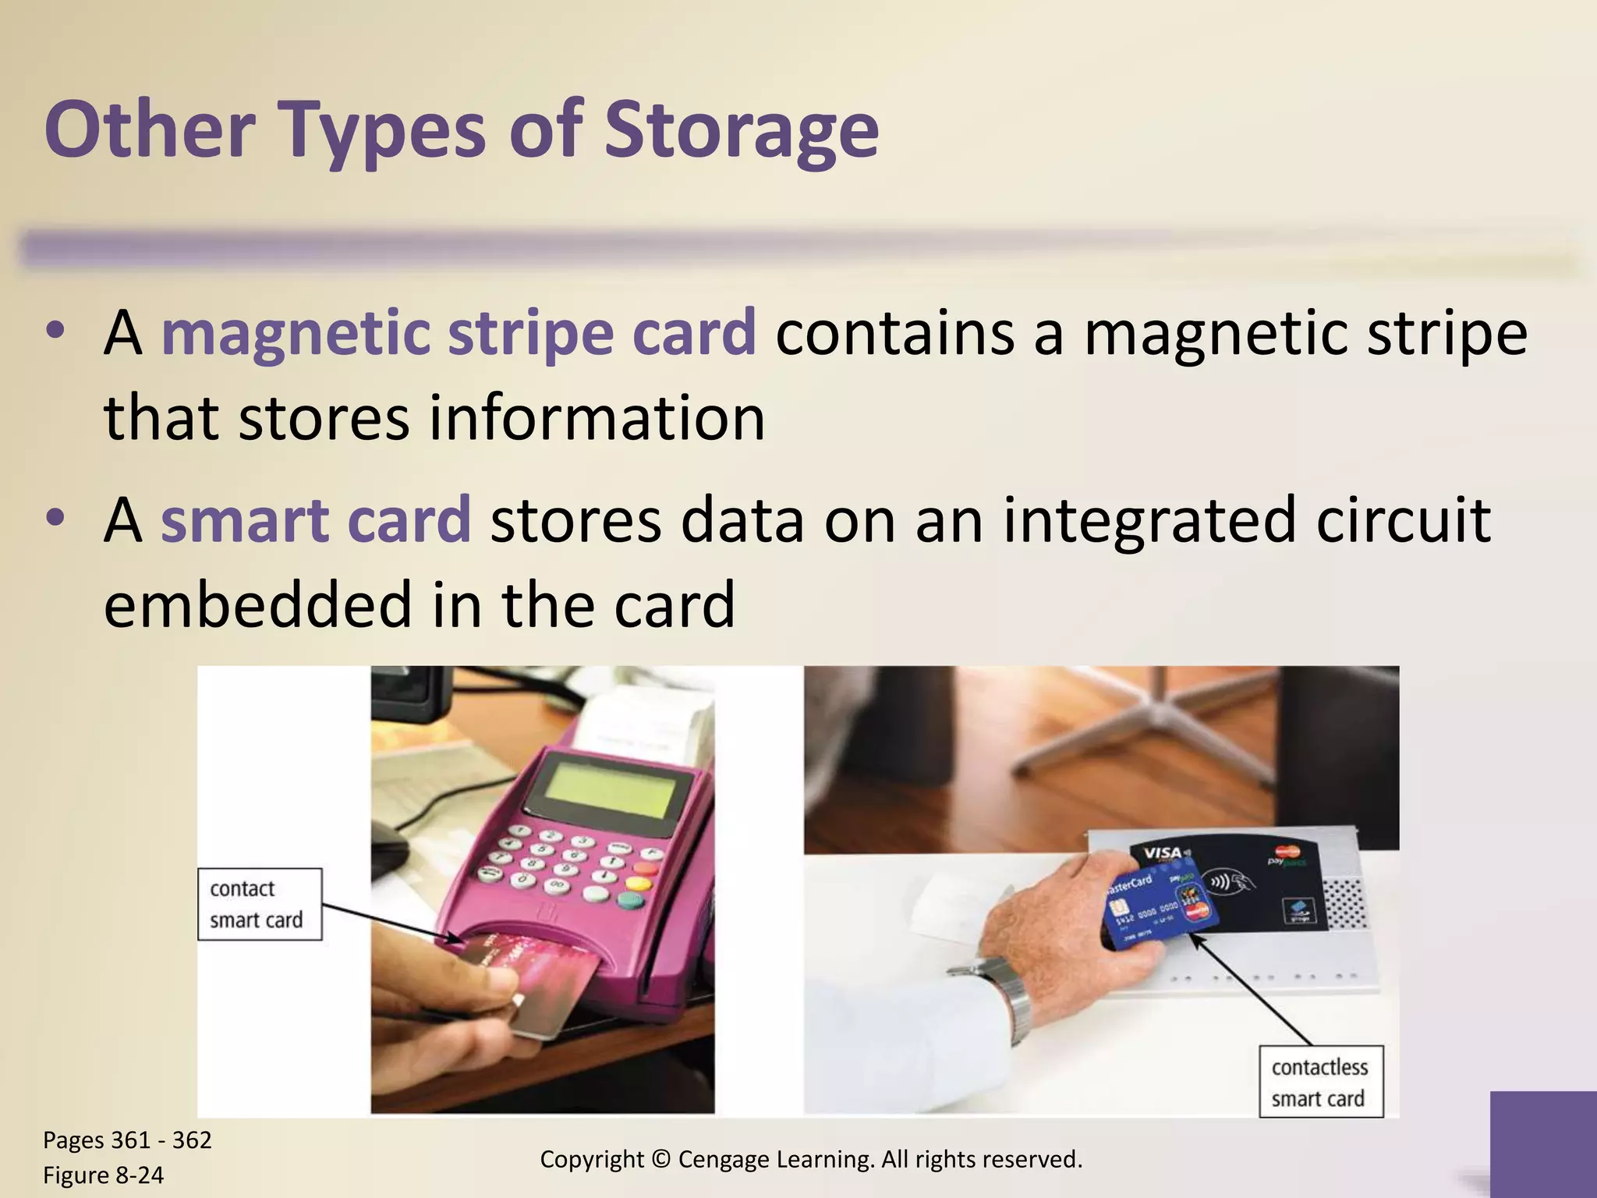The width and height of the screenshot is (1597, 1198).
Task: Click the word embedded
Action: click(257, 604)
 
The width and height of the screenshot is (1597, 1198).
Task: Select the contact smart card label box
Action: click(259, 904)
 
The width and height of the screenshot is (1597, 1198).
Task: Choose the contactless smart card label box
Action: click(1320, 1082)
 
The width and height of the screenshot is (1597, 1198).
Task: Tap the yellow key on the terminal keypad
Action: click(637, 884)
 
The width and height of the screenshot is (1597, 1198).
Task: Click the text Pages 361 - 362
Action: click(127, 1140)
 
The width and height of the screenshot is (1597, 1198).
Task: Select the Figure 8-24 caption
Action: click(103, 1175)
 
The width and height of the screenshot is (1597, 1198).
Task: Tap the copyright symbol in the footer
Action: click(660, 1160)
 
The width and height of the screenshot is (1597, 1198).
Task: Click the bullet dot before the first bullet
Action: click(54, 333)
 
